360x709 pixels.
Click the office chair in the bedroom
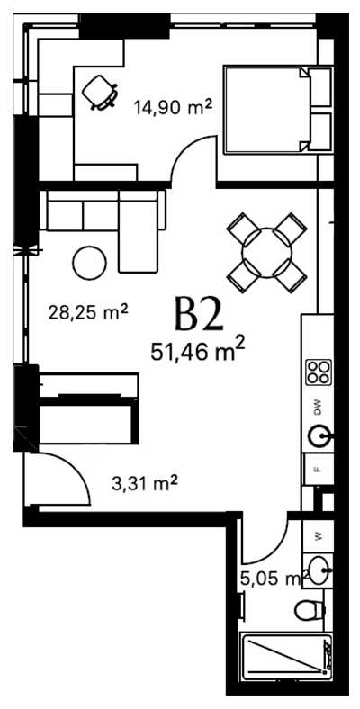click(101, 93)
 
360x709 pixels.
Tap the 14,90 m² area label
click(173, 107)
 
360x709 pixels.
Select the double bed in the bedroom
click(278, 110)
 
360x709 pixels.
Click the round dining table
click(266, 253)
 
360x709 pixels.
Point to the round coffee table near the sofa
click(89, 263)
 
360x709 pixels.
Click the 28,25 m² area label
click(88, 312)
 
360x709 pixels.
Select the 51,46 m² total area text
click(198, 351)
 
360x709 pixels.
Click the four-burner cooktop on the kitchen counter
click(319, 372)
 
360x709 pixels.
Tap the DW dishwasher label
click(318, 408)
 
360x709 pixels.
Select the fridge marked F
click(319, 469)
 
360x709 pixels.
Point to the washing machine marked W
click(319, 536)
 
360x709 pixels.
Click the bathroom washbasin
click(319, 570)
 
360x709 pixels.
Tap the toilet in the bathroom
click(310, 610)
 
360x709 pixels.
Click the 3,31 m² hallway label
click(144, 484)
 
